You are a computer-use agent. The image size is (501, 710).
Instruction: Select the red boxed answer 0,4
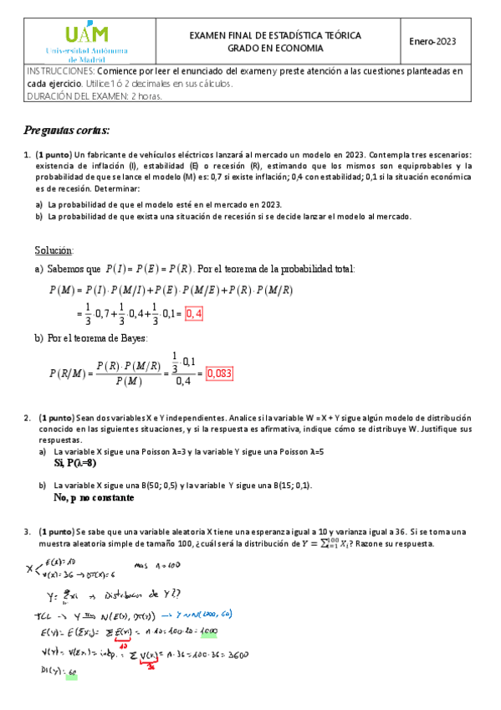click(194, 314)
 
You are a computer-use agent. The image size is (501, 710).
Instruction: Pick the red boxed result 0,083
click(219, 373)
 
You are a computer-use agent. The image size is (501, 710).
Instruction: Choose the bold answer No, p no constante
click(94, 497)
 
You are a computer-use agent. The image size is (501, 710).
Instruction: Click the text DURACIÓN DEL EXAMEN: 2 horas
click(94, 95)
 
